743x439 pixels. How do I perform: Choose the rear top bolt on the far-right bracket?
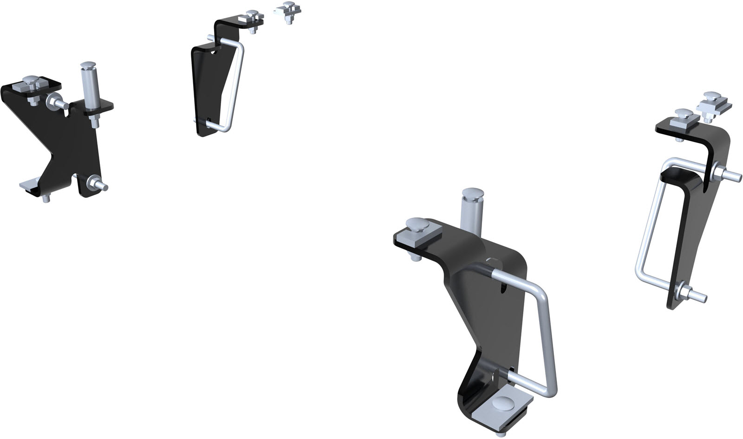(x=710, y=100)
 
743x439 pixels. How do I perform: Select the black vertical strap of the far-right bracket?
(x=692, y=232)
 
